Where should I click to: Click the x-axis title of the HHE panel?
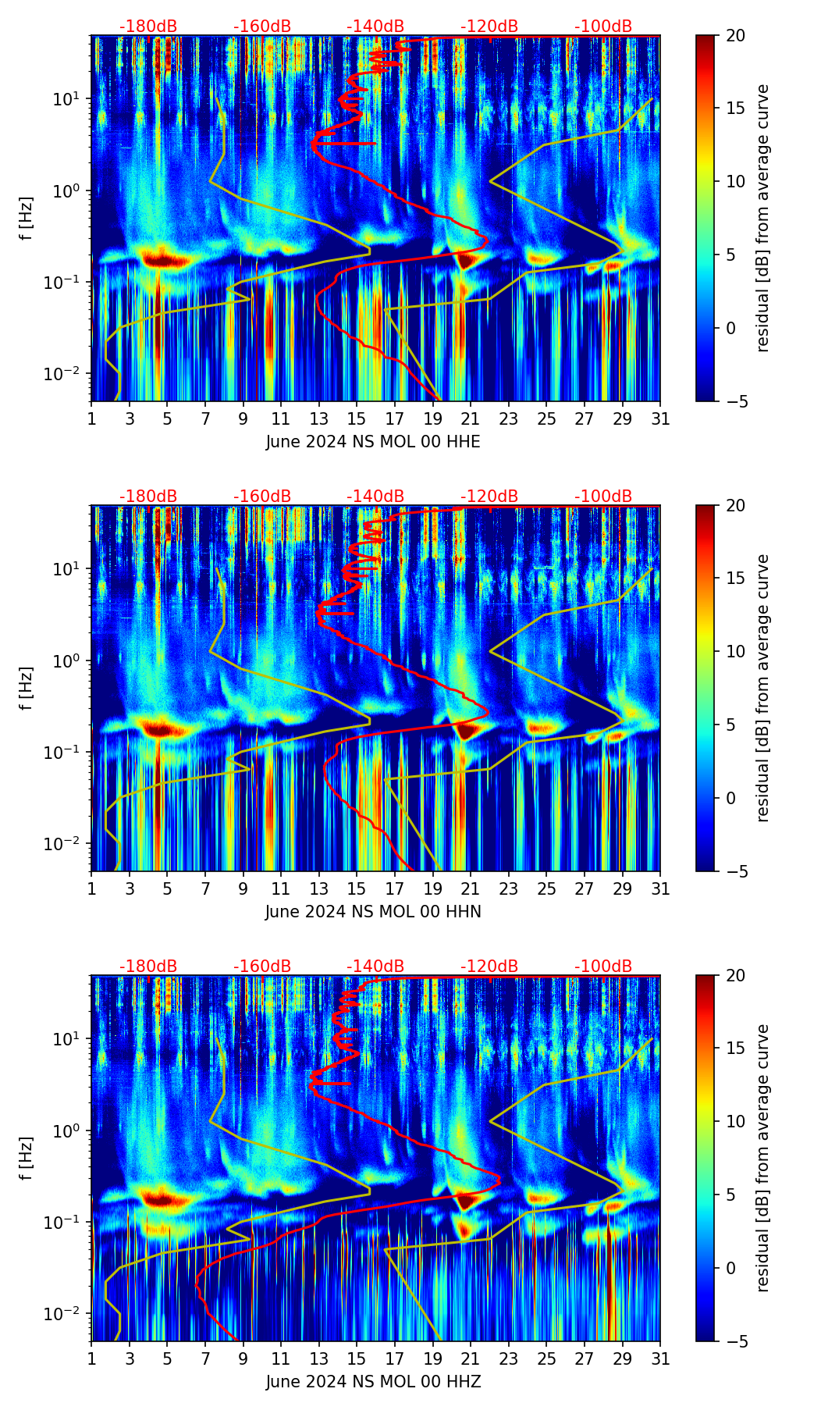[x=373, y=442]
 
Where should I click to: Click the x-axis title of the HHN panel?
[x=373, y=912]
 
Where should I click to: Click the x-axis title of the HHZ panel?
[x=373, y=1382]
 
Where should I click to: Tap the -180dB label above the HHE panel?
[x=148, y=27]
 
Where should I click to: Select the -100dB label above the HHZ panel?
[x=603, y=967]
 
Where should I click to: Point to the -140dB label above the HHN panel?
[x=375, y=497]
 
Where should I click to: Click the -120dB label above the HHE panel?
[x=489, y=27]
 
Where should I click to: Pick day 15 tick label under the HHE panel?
[x=357, y=419]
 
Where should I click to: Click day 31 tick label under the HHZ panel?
[x=660, y=1359]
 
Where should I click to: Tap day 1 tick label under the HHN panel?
[x=91, y=889]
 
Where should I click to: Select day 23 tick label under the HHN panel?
[x=509, y=889]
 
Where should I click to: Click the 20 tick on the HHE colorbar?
[x=736, y=36]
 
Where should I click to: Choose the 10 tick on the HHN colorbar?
[x=736, y=651]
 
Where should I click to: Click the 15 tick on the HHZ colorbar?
[x=736, y=1049]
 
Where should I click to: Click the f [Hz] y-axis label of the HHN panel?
[x=27, y=688]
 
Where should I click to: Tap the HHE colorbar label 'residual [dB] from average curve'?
[x=762, y=218]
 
